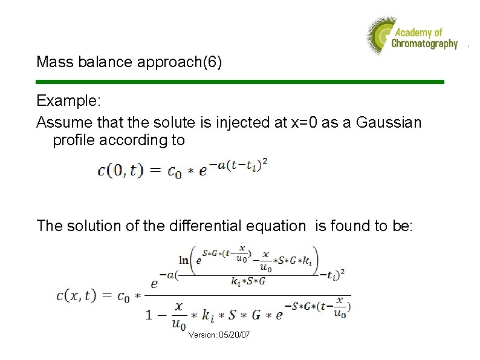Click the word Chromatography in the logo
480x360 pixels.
coord(424,44)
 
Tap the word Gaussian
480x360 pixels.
coord(389,122)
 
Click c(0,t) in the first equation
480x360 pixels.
coord(120,171)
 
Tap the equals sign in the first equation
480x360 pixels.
coord(155,171)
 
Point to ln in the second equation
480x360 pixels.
coord(184,260)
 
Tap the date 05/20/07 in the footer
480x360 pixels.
coord(235,335)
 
